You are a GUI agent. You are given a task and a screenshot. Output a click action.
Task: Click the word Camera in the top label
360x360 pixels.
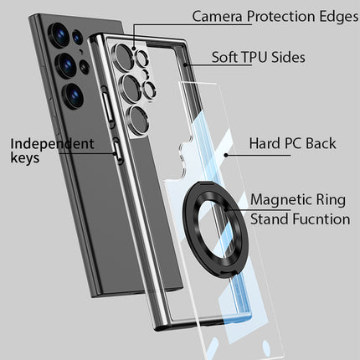[x=217, y=17]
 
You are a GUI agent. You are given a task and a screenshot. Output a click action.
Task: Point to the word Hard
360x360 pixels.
[x=265, y=143]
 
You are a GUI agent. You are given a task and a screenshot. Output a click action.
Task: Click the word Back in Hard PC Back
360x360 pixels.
[x=321, y=143]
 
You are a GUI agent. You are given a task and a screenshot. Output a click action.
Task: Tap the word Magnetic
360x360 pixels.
[x=281, y=200]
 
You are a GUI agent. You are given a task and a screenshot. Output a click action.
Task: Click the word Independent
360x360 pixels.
[x=52, y=144]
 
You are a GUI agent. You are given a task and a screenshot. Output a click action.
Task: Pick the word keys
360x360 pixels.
[x=25, y=157]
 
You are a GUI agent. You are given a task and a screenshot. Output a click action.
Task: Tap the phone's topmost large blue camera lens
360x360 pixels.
[x=59, y=35]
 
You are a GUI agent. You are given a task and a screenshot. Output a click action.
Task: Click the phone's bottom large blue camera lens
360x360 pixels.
[x=73, y=95]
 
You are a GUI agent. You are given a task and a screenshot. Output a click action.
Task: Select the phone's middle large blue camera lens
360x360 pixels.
[x=66, y=65]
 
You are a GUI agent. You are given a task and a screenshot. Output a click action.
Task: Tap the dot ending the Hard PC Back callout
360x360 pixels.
[x=226, y=155]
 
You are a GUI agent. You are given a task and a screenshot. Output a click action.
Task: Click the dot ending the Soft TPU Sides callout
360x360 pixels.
[x=185, y=65]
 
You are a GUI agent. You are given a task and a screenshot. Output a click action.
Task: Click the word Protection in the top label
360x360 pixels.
[x=281, y=17]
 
